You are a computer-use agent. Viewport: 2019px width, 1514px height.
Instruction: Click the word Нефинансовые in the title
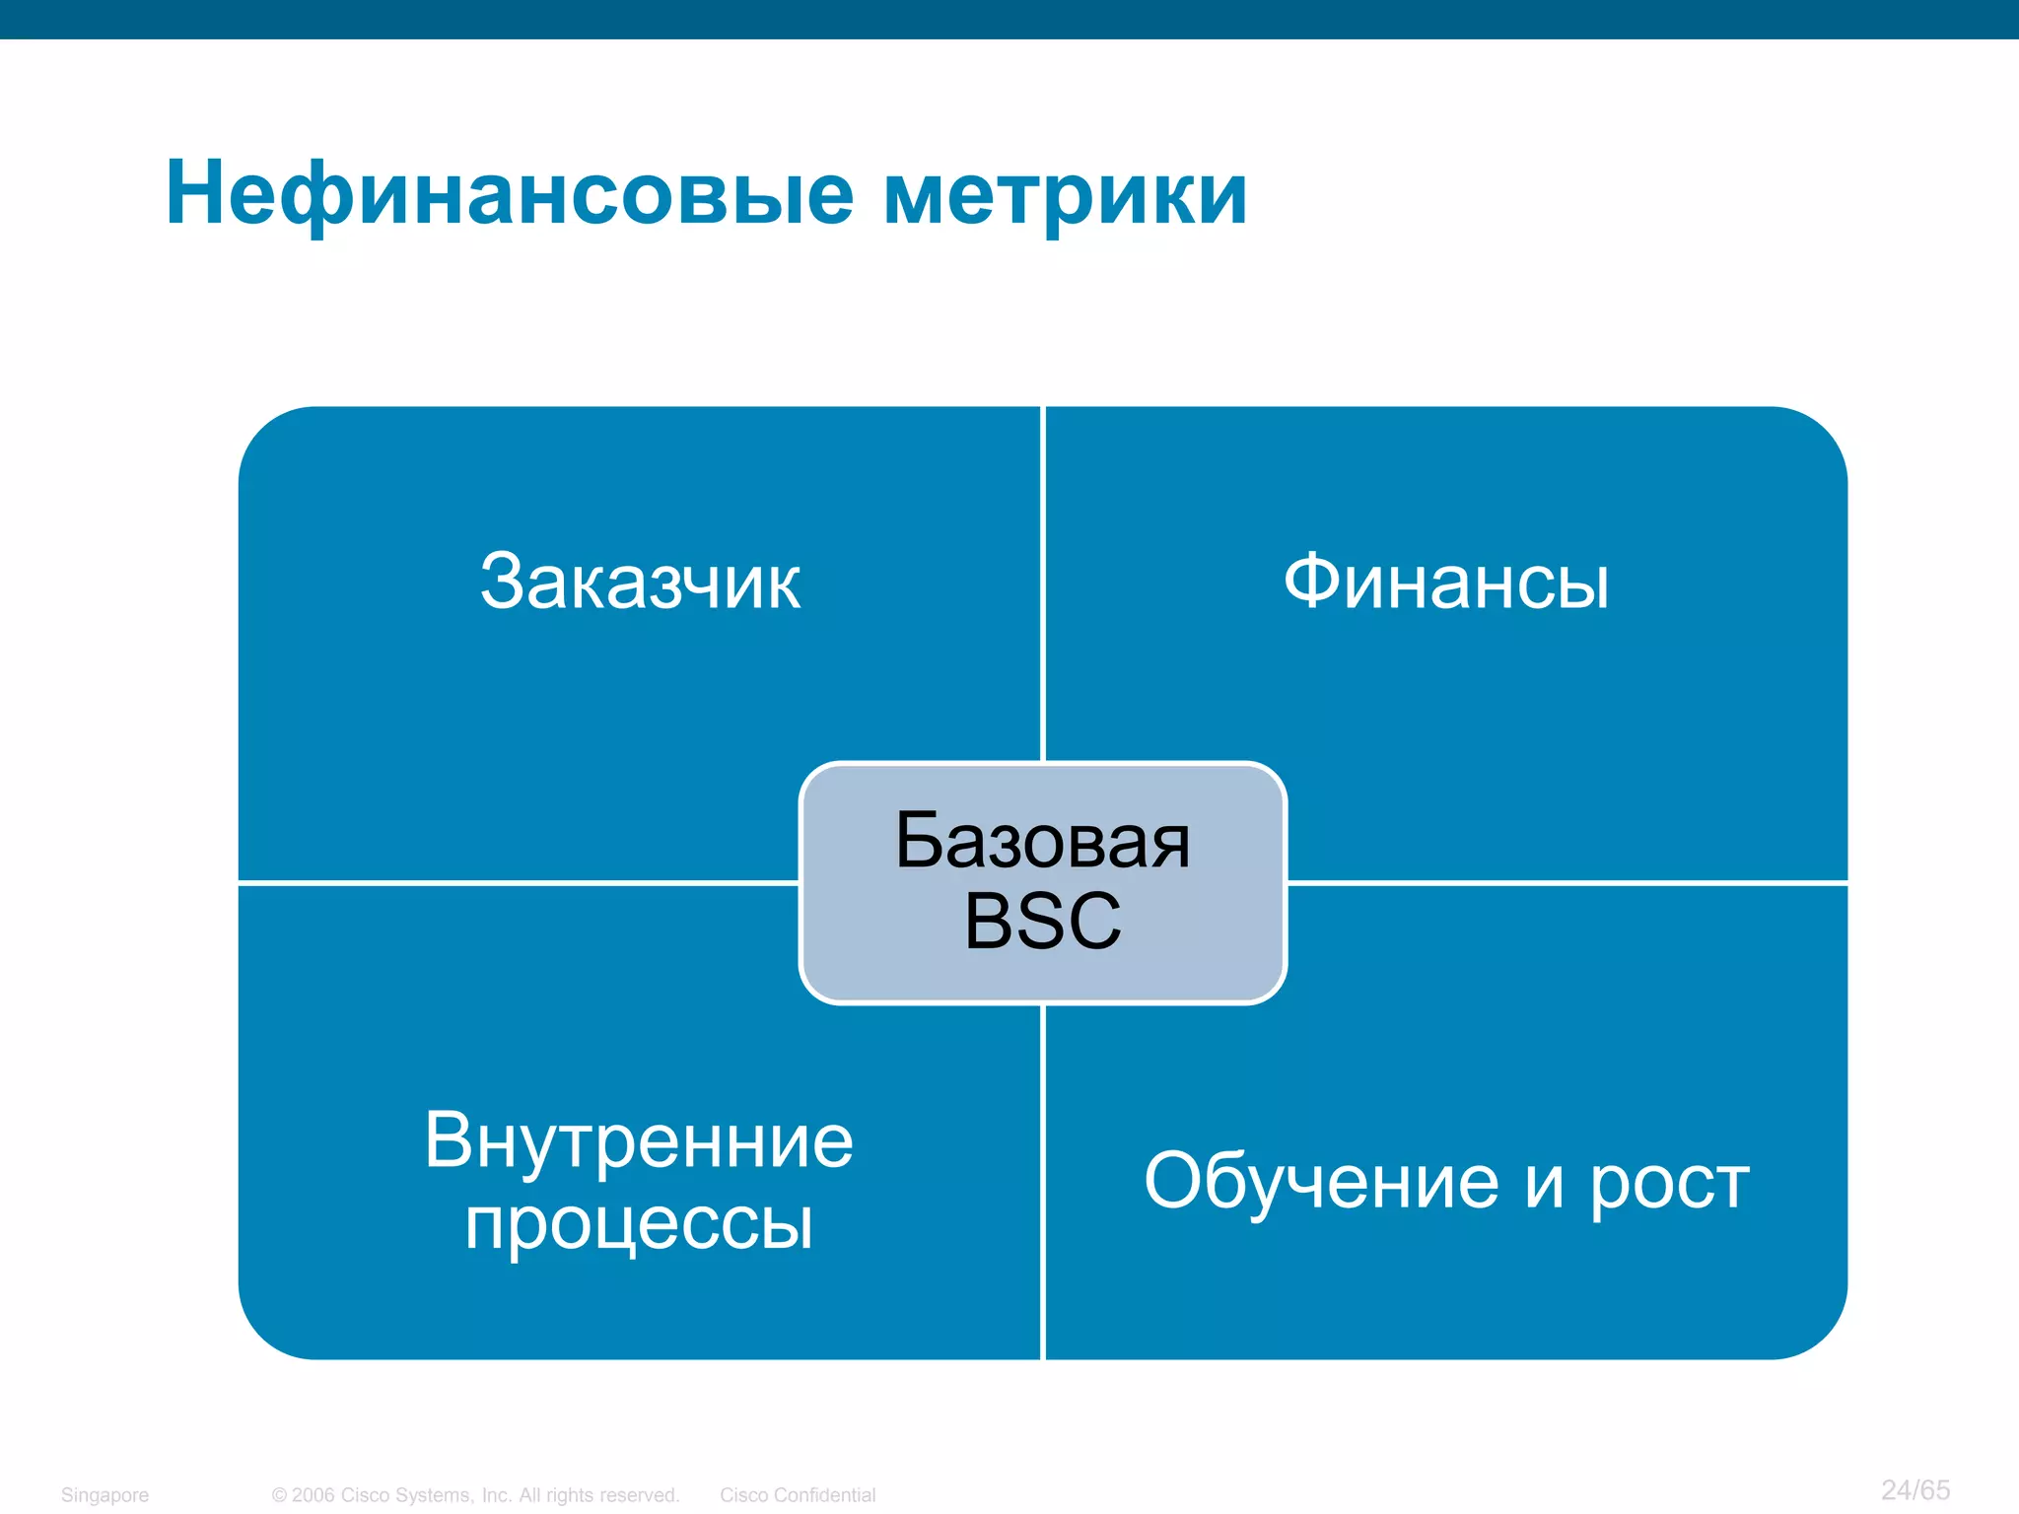tap(509, 194)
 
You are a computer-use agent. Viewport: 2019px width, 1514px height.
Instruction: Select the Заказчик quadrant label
tap(640, 582)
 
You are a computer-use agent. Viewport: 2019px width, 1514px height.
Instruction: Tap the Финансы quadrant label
tap(1446, 582)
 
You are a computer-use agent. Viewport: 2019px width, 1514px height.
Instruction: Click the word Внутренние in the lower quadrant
tap(639, 1140)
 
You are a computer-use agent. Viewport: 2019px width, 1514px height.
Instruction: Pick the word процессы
tap(639, 1224)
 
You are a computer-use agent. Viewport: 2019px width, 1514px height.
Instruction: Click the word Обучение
tap(1321, 1182)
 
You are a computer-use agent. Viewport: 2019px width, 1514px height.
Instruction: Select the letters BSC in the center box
tap(1042, 921)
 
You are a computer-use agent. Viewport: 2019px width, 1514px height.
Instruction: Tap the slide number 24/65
tap(1915, 1489)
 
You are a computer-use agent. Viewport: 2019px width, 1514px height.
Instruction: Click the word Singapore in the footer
tap(104, 1495)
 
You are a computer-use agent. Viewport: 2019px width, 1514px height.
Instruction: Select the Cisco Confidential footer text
tap(797, 1495)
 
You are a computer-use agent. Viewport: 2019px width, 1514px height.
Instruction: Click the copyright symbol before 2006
tap(279, 1495)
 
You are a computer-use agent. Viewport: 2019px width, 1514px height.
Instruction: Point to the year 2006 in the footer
tap(313, 1495)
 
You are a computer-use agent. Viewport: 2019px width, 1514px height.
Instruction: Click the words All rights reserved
tap(599, 1495)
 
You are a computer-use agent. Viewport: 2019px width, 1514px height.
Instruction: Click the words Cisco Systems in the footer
tap(405, 1495)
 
